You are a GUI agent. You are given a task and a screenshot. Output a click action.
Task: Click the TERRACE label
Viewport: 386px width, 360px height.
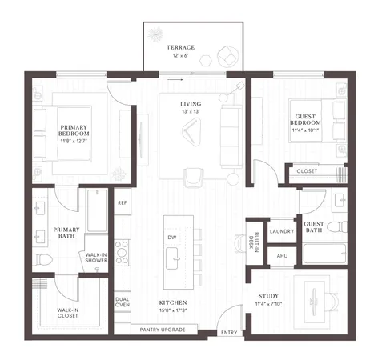pyautogui.click(x=180, y=48)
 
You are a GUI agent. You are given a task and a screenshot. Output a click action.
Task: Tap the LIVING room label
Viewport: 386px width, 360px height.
pyautogui.click(x=191, y=104)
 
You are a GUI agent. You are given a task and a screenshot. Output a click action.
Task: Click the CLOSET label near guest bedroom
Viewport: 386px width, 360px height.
pyautogui.click(x=306, y=171)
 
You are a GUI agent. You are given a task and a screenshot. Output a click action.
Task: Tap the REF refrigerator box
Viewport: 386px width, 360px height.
pyautogui.click(x=123, y=203)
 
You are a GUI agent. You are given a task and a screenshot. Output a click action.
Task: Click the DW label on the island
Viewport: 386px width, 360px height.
pyautogui.click(x=172, y=238)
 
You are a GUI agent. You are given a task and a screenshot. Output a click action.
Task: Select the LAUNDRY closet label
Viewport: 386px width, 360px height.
pyautogui.click(x=281, y=231)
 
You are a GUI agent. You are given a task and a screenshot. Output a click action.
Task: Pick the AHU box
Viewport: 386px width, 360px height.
pyautogui.click(x=281, y=255)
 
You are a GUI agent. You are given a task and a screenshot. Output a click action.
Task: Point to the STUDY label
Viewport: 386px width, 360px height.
pyautogui.click(x=279, y=296)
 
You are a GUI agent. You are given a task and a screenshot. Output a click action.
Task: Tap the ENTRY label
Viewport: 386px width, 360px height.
pyautogui.click(x=229, y=332)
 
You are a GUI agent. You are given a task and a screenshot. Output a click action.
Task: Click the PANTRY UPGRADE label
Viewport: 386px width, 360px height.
pyautogui.click(x=163, y=330)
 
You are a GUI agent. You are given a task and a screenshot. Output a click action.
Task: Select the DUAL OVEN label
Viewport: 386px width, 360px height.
pyautogui.click(x=123, y=302)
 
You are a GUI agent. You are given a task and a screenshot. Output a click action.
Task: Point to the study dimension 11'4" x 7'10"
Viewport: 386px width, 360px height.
pyautogui.click(x=279, y=304)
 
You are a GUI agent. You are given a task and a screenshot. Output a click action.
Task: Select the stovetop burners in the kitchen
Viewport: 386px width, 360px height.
pyautogui.click(x=123, y=254)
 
